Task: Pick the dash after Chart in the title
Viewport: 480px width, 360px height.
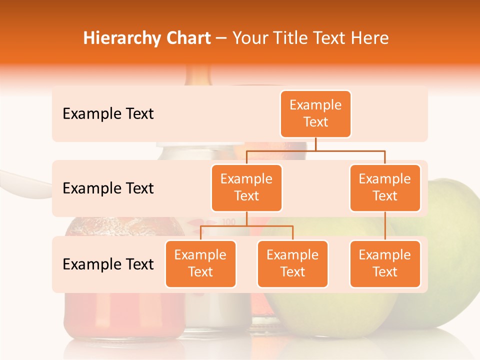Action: [221, 39]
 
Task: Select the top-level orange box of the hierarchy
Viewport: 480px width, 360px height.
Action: [315, 114]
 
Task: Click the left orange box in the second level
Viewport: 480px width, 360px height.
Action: [246, 187]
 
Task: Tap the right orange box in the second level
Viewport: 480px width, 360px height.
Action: [385, 187]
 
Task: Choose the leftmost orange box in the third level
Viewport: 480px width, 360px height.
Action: [200, 263]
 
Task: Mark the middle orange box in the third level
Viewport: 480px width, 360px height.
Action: [292, 263]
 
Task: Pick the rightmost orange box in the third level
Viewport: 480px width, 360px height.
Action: [385, 263]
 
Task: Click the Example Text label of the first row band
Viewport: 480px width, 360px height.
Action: [108, 114]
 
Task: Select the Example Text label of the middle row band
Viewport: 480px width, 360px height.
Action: [108, 188]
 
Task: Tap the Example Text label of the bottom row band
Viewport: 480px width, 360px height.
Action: [108, 264]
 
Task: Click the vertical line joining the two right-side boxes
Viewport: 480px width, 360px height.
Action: [385, 226]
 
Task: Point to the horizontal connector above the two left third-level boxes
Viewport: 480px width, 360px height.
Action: [246, 226]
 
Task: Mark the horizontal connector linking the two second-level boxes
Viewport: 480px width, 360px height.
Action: [315, 150]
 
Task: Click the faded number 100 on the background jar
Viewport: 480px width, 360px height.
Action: [228, 221]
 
